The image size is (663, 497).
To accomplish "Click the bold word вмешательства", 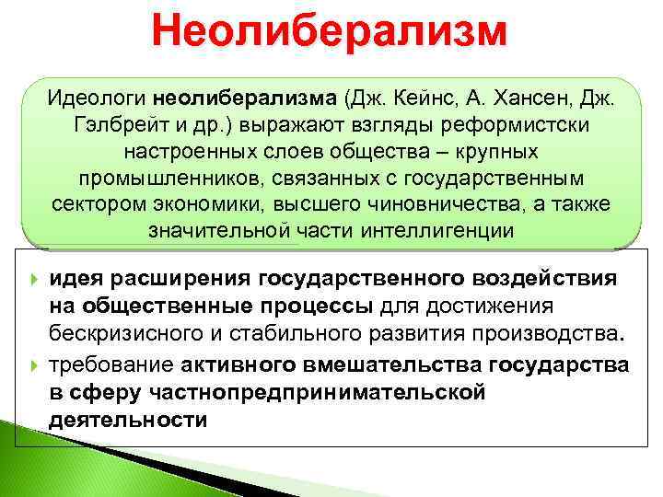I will pyautogui.click(x=390, y=365).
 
